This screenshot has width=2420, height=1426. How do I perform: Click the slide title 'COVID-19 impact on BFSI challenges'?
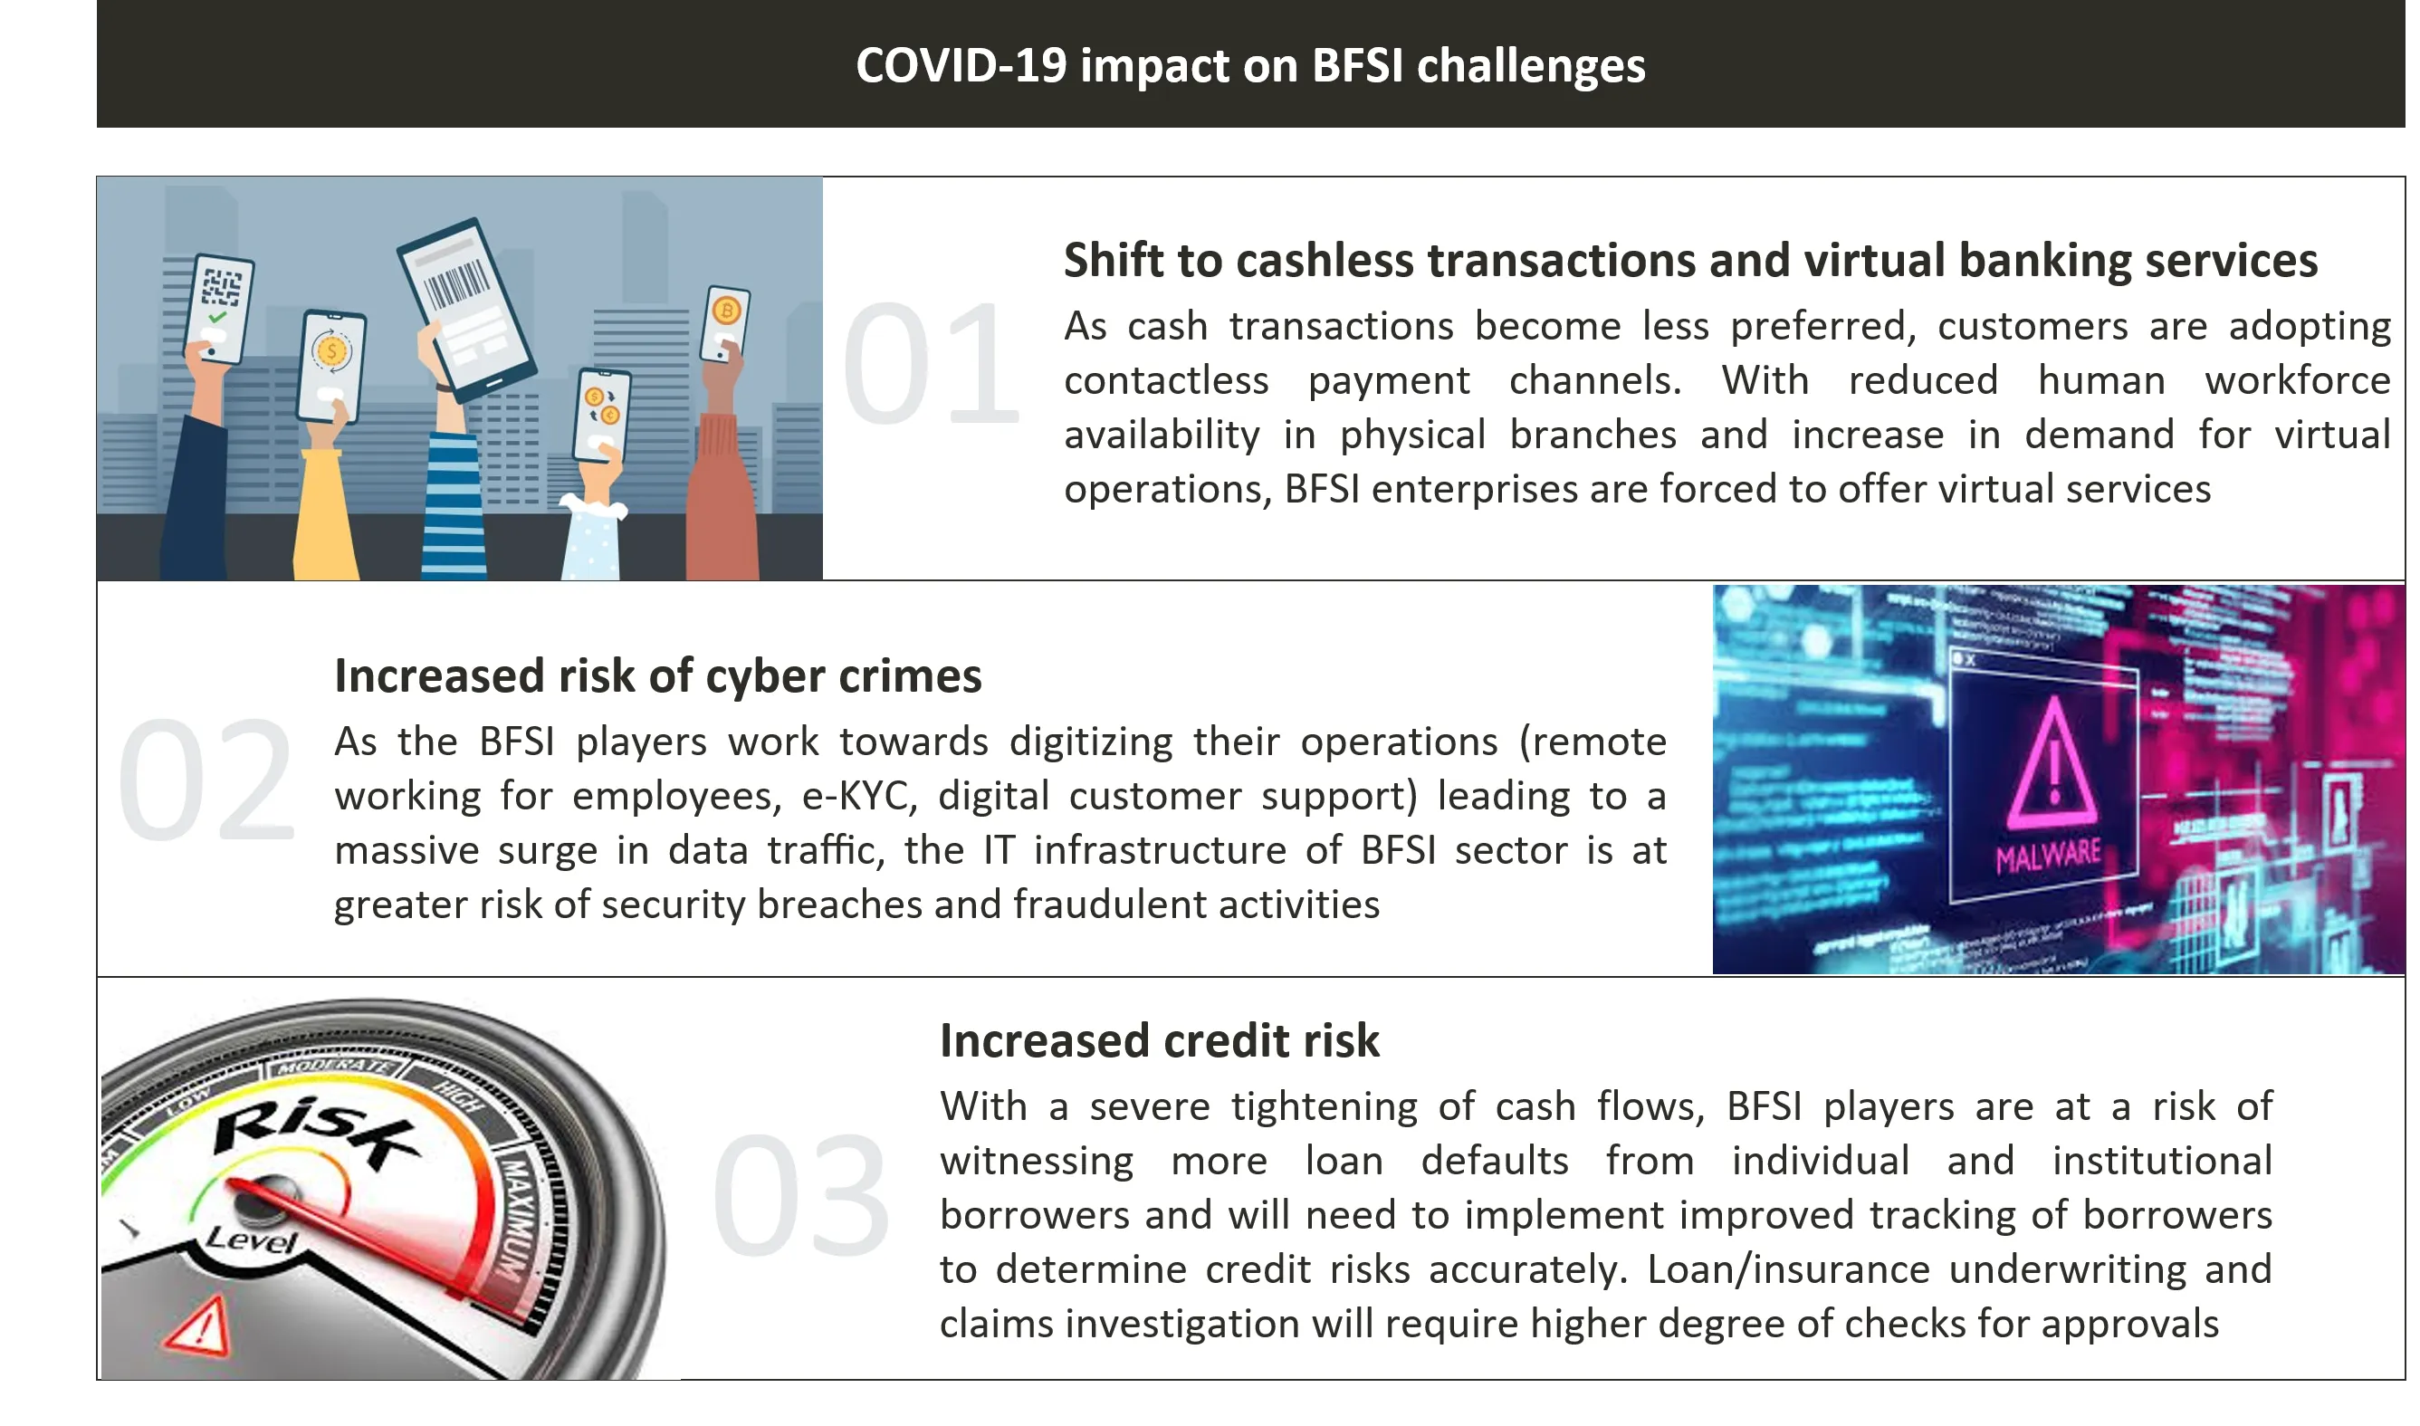1250,65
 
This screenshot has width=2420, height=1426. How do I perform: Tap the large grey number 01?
930,363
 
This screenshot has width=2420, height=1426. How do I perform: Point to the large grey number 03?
800,1195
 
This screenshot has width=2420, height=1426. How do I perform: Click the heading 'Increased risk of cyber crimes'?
658,676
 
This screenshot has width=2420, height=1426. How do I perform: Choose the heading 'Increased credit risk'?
1160,1040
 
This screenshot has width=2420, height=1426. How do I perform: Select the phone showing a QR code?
219,309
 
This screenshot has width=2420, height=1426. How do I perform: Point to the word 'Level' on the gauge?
252,1239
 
